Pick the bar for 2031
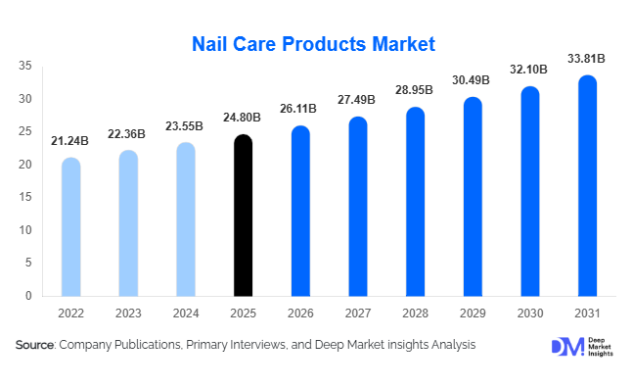point(588,186)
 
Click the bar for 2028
point(416,202)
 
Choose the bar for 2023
point(128,223)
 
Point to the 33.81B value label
point(588,59)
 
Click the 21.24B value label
point(70,141)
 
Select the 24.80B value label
point(243,119)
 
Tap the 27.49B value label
point(358,101)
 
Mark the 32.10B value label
point(530,71)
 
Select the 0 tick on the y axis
point(28,296)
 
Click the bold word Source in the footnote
point(34,345)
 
